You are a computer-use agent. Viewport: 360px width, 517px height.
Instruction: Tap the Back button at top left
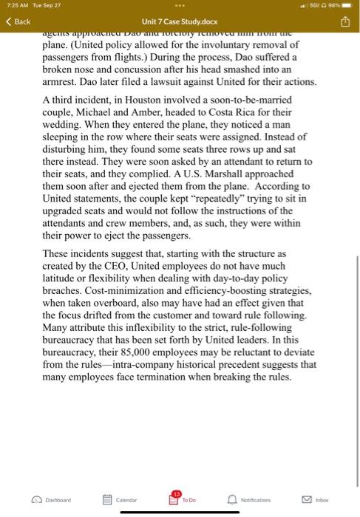click(x=18, y=21)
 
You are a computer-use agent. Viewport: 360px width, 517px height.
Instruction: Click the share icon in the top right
click(x=344, y=21)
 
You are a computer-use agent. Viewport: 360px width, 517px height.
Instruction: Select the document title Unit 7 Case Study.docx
click(x=180, y=21)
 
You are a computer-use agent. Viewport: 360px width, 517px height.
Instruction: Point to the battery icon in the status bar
click(x=347, y=6)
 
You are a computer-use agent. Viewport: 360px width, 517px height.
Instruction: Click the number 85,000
click(x=154, y=352)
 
